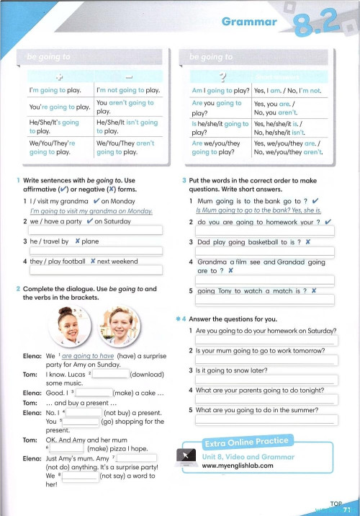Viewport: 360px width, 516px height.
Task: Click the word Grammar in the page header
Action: [x=248, y=22]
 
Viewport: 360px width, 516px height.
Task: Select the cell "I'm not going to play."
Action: [x=128, y=90]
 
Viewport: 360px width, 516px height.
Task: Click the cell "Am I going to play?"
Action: [x=219, y=90]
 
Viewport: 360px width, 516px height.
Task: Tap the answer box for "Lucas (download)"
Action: [x=111, y=375]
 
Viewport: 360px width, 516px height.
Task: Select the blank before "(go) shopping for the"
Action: [x=84, y=421]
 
